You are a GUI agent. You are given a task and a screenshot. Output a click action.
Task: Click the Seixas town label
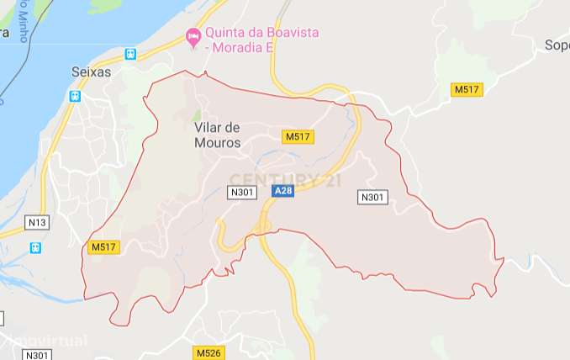[x=92, y=72]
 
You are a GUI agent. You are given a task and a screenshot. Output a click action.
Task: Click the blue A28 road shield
[x=283, y=192]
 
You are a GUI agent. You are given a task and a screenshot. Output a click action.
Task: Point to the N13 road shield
[x=37, y=222]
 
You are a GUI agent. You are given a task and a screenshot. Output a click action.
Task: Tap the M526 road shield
[x=208, y=352]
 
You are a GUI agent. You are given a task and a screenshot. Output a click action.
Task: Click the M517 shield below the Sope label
[x=466, y=89]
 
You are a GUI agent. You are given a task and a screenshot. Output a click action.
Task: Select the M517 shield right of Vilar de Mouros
[x=298, y=136]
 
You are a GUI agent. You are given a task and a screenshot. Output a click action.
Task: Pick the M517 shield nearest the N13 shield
[x=104, y=246]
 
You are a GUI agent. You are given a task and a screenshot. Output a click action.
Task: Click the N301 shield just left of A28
[x=242, y=193]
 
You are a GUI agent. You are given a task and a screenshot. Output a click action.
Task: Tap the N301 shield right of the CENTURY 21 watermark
[x=372, y=197]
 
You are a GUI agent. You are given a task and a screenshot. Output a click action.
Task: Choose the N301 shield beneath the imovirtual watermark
[x=37, y=355]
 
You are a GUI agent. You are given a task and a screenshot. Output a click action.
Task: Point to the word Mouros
[x=217, y=144]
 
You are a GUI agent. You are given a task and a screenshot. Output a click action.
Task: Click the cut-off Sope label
[x=556, y=45]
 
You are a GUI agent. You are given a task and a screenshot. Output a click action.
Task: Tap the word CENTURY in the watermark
[x=269, y=179]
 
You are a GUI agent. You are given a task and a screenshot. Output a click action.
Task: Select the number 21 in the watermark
[x=331, y=179]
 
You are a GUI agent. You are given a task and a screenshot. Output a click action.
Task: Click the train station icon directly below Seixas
[x=76, y=96]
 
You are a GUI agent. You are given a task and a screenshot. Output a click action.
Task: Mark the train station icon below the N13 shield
[x=35, y=248]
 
